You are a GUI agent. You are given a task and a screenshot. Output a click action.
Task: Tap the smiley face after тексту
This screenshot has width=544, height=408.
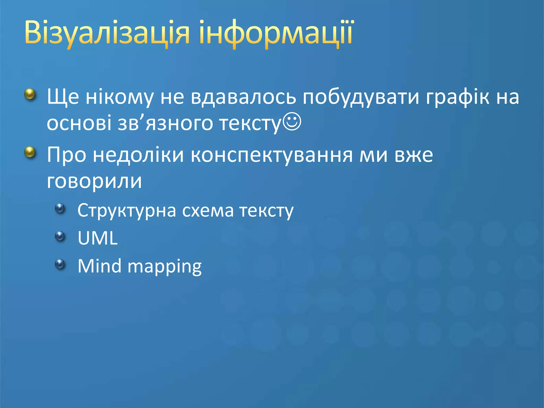coord(292,122)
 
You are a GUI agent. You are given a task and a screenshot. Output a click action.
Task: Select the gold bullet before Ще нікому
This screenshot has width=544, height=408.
coord(30,94)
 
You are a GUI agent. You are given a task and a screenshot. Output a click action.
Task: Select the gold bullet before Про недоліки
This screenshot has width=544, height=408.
coord(30,152)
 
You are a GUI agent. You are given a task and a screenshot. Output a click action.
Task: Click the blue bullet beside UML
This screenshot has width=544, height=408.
coord(60,236)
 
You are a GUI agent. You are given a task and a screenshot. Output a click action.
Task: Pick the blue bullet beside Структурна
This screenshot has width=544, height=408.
coord(60,208)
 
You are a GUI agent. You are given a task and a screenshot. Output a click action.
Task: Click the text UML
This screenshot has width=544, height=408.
coord(97,238)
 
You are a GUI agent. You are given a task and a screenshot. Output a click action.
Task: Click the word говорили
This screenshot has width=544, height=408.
coord(94,182)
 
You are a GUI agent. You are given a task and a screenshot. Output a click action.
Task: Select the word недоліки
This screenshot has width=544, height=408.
coord(138,155)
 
